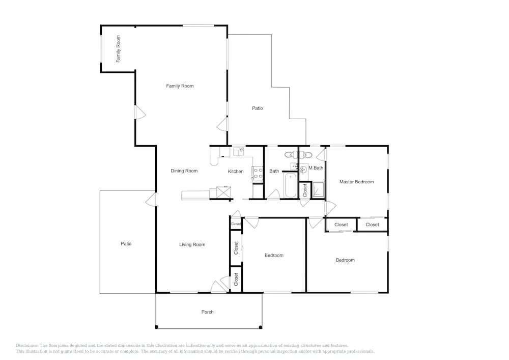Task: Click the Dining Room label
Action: (184, 171)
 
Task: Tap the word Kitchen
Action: (236, 172)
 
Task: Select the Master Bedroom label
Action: (356, 182)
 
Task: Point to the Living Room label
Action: (192, 244)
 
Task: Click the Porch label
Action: (208, 312)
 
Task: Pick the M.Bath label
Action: (316, 168)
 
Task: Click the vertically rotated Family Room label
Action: (118, 49)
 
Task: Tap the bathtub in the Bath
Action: (290, 185)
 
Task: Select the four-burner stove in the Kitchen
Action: (258, 173)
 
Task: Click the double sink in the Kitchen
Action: (239, 151)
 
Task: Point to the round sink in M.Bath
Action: (303, 169)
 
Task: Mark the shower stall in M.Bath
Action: (318, 190)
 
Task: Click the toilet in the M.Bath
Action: (307, 154)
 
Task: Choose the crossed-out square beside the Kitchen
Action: (223, 192)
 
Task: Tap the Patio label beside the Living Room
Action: (126, 243)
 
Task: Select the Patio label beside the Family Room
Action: (258, 108)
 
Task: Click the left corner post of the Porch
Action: (156, 327)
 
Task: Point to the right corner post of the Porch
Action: (261, 327)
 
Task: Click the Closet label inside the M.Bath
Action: (305, 190)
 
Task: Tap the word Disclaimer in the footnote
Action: (27, 346)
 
